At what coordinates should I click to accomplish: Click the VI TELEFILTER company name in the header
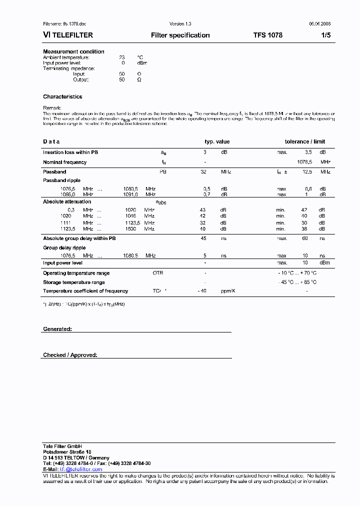68,35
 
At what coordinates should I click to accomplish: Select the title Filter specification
180,35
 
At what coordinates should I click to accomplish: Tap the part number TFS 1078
267,35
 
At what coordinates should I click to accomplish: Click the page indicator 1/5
325,35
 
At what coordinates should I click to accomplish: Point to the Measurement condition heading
73,51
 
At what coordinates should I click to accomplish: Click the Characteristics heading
62,96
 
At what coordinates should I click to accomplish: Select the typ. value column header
217,141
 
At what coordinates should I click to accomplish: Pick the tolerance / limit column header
304,141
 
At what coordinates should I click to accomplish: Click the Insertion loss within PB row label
70,152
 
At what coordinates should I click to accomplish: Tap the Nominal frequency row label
64,162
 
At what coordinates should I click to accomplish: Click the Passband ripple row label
61,180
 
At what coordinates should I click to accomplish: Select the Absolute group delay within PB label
79,238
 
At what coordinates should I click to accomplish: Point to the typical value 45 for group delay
203,238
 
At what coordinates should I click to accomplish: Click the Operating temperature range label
76,273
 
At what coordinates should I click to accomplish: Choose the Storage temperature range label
73,282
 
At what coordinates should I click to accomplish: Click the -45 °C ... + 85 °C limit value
297,282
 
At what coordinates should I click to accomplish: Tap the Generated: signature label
57,329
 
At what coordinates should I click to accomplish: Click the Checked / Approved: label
70,355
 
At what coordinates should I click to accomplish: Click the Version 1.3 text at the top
180,24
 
